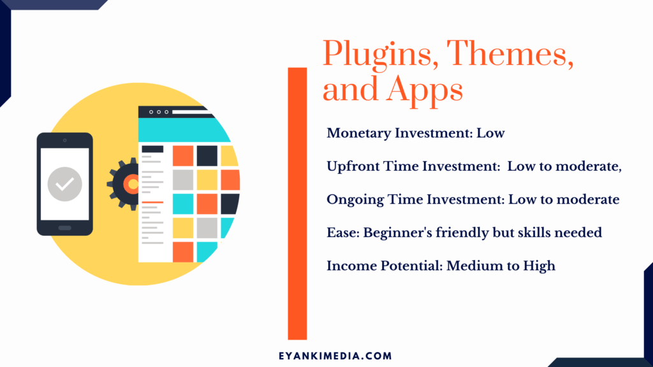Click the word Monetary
(x=358, y=134)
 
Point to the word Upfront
(x=353, y=167)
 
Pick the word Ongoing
(x=355, y=200)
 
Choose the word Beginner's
(x=397, y=233)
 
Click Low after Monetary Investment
(x=490, y=134)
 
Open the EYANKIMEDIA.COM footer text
(x=335, y=356)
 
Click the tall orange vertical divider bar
(x=297, y=203)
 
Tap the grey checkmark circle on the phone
(x=64, y=184)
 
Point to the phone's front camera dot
(x=64, y=141)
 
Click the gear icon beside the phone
(x=123, y=184)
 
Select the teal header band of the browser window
(x=183, y=130)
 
